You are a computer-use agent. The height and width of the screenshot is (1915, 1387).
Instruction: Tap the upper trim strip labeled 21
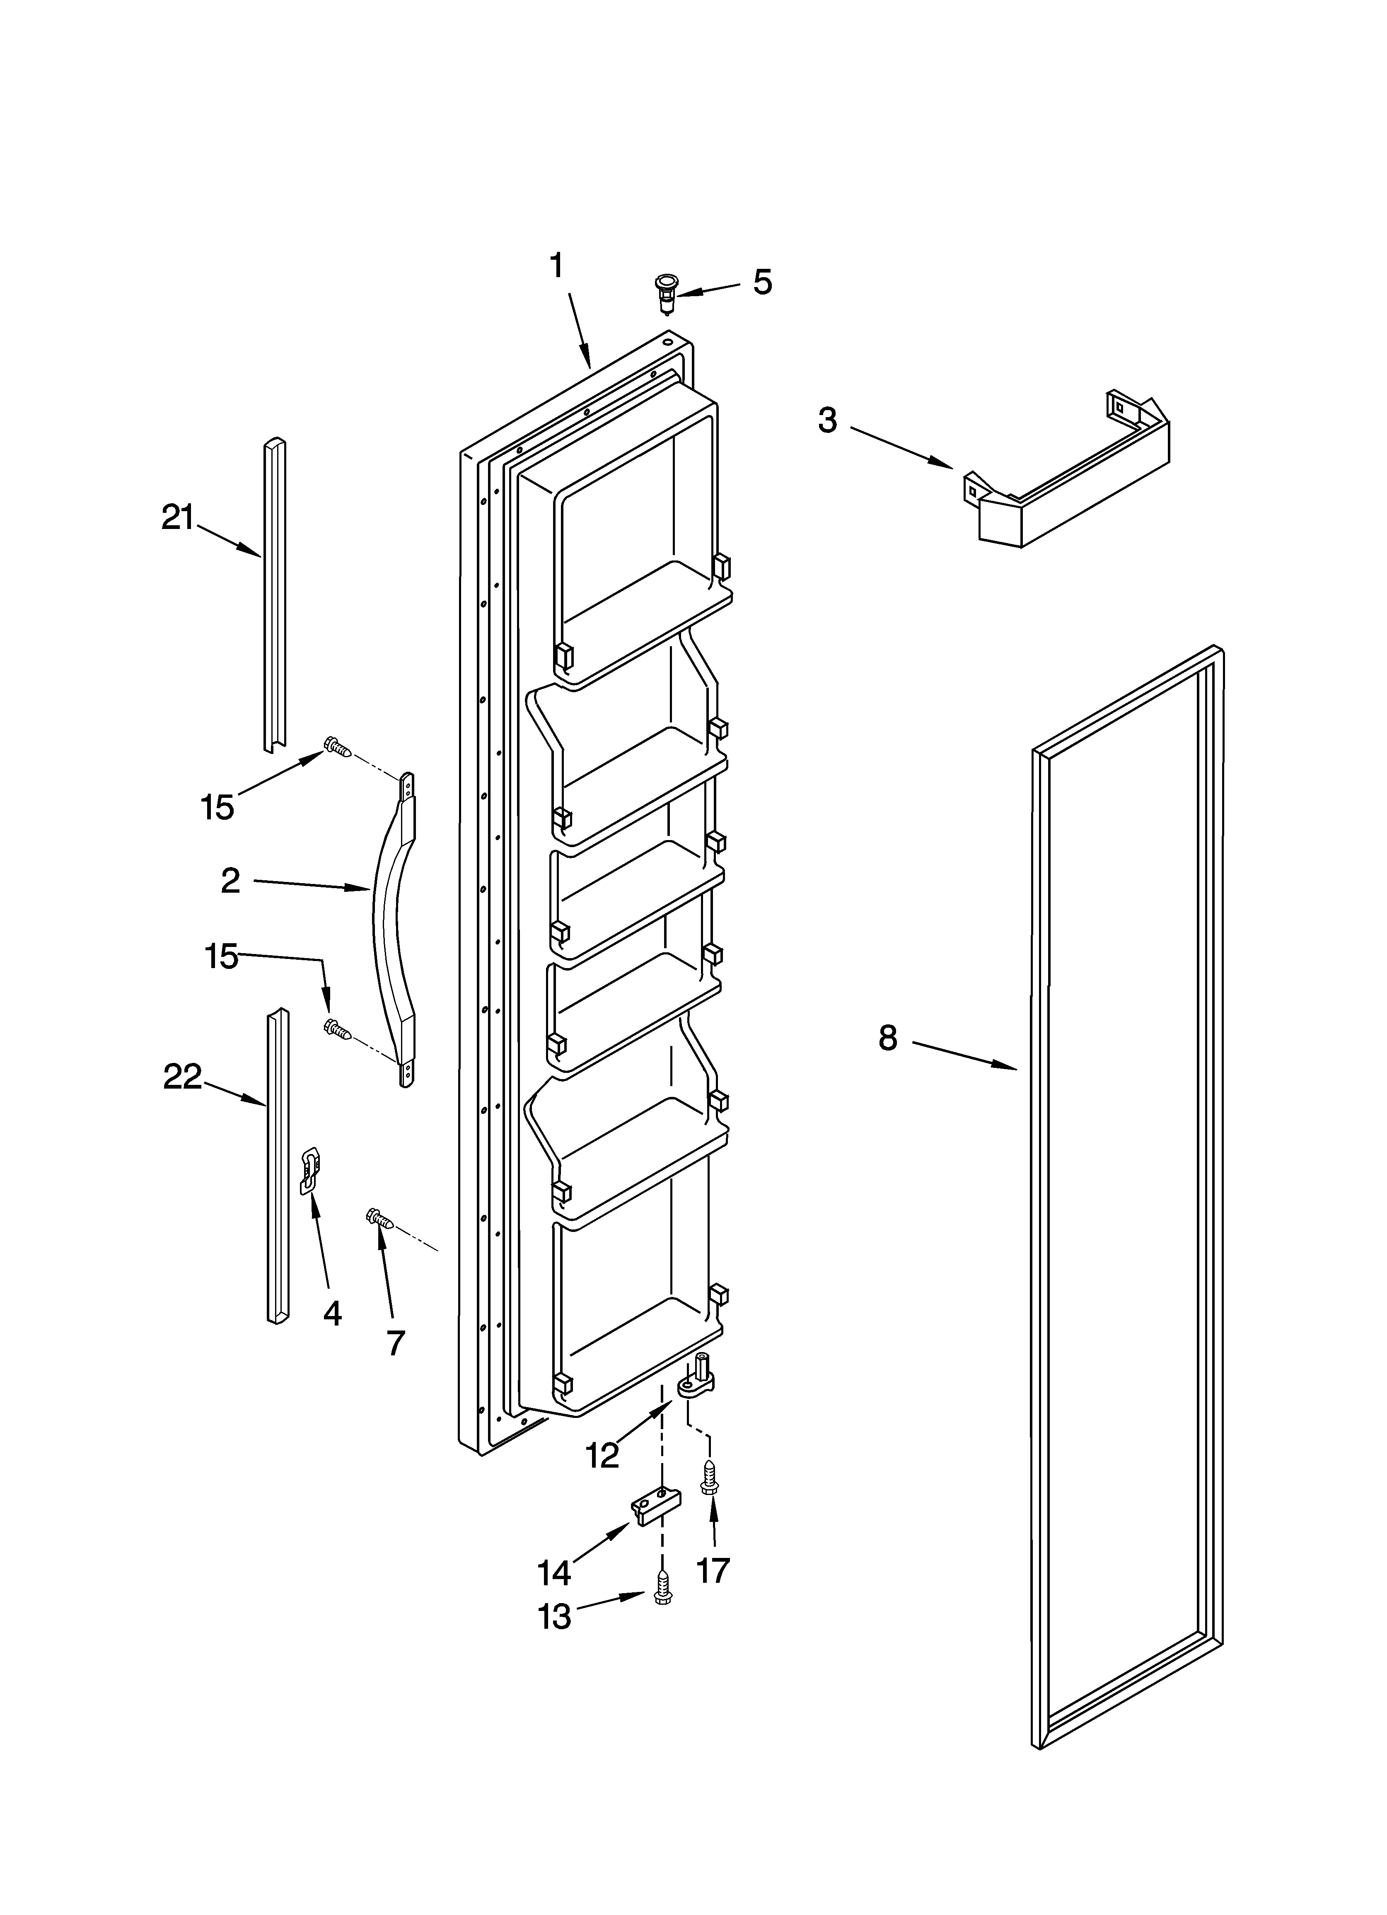click(x=274, y=591)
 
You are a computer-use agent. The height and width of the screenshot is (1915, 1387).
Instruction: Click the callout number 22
click(x=182, y=1077)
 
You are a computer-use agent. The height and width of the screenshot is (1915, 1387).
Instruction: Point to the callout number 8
click(x=887, y=1038)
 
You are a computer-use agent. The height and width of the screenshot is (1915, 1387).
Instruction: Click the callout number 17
click(x=712, y=1570)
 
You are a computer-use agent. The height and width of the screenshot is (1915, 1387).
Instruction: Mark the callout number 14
click(x=554, y=1571)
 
